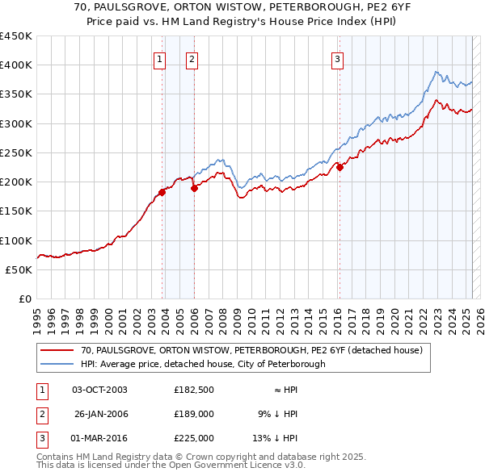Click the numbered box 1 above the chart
pos(159,59)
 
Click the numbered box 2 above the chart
pos(192,59)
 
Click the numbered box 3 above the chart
pos(337,59)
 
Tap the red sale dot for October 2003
pos(162,192)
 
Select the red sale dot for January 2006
pos(194,189)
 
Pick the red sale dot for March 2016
pos(340,168)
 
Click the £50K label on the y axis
pos(20,270)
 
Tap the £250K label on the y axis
pos(17,153)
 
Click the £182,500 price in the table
pos(193,390)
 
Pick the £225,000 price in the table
pos(193,438)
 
